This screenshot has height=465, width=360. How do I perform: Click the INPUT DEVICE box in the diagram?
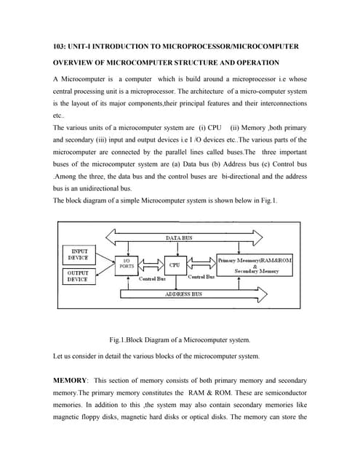(78, 254)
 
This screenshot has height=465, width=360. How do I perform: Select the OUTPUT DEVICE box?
(78, 275)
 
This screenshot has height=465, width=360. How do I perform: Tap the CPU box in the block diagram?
(175, 265)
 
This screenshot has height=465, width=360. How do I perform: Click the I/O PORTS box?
(127, 264)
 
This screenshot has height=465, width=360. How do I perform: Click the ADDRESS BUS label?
(183, 294)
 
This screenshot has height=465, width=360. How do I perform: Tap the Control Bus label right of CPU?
(201, 277)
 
